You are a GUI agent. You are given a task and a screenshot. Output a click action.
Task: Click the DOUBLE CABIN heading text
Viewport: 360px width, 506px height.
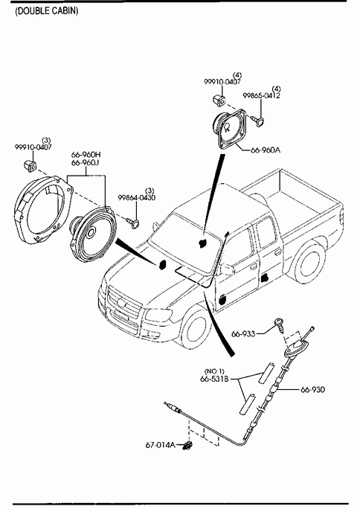(47, 11)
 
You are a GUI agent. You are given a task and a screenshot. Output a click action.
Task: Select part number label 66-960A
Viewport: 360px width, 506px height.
(266, 150)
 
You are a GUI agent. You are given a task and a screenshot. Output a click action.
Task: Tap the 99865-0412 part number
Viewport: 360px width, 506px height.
(261, 95)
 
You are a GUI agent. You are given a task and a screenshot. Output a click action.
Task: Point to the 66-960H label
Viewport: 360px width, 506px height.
(86, 155)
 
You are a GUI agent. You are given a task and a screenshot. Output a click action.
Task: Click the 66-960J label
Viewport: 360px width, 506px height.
(85, 163)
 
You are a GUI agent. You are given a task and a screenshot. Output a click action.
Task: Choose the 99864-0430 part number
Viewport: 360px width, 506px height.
(136, 197)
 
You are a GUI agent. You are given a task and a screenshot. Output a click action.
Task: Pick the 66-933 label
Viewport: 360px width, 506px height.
(243, 333)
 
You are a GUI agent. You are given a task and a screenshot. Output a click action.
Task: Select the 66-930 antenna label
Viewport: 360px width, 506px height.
(313, 389)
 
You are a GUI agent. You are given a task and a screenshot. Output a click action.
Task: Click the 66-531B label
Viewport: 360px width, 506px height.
(214, 379)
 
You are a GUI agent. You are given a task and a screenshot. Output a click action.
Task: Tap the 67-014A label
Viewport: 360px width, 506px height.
(161, 445)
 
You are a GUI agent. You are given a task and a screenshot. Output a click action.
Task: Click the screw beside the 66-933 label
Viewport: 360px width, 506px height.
(280, 325)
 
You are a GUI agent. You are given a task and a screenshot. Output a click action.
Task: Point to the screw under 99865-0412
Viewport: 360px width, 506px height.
(257, 121)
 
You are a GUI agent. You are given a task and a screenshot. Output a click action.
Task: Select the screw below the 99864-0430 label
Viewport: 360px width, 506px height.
(132, 222)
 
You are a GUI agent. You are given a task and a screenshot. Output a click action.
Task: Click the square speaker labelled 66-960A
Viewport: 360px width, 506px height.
(230, 129)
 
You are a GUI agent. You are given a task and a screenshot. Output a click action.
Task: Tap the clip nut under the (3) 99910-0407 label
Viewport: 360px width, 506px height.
(30, 165)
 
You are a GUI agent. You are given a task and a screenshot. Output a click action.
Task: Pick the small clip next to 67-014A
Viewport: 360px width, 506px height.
(187, 446)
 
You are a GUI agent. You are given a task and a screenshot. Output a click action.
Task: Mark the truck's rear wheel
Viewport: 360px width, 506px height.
(308, 263)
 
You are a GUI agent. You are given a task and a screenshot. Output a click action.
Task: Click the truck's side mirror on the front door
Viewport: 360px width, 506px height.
(226, 269)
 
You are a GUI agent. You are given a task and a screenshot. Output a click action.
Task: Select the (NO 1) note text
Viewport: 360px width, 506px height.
(214, 371)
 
